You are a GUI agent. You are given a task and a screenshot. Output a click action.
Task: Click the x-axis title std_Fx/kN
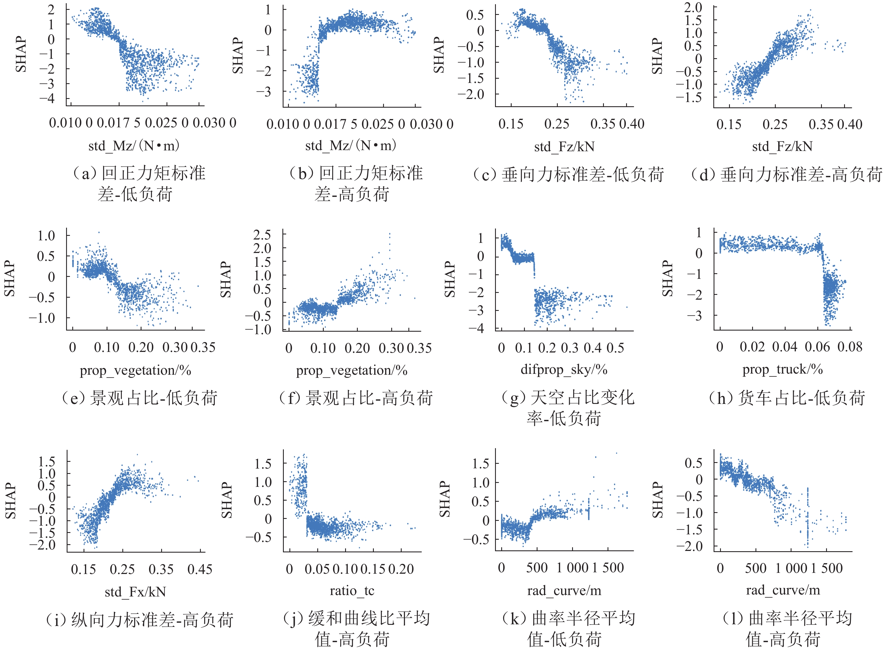tap(135, 592)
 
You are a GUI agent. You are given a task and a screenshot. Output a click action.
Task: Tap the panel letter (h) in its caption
tap(721, 398)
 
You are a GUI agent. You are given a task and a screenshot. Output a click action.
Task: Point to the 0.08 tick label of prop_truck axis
tap(850, 347)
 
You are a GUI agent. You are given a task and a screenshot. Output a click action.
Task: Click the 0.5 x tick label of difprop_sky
tap(615, 348)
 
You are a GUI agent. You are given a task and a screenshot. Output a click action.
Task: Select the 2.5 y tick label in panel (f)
tap(262, 235)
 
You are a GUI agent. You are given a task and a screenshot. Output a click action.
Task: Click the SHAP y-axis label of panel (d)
tap(657, 56)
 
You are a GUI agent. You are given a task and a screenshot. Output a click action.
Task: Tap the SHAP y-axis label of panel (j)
tap(227, 500)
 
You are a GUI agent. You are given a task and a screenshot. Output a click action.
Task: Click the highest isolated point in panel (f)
tap(390, 233)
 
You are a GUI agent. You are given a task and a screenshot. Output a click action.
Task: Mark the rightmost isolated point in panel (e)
tap(198, 286)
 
